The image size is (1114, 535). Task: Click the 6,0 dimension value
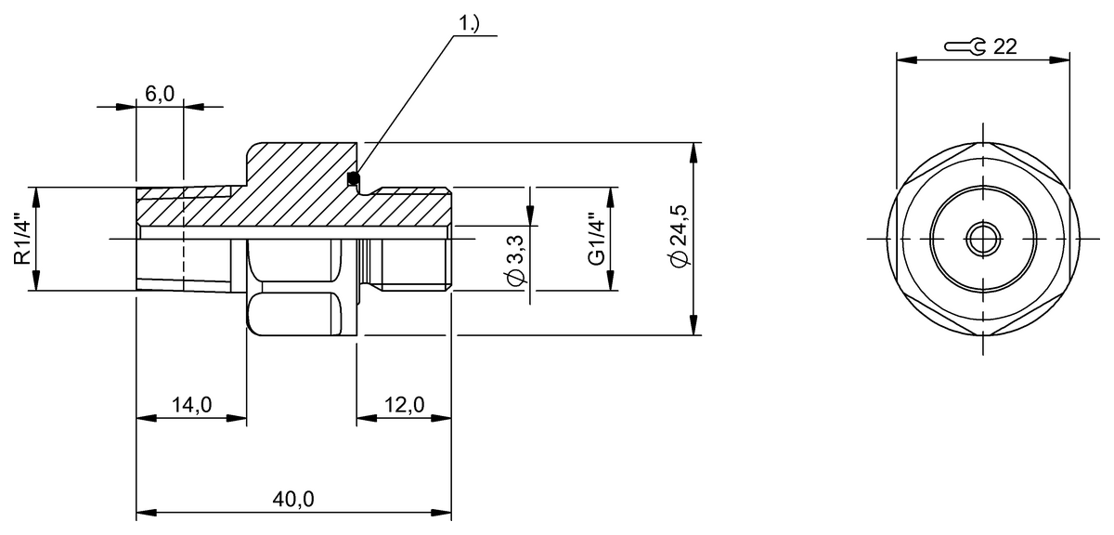click(x=160, y=94)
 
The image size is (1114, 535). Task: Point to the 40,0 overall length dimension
click(x=294, y=499)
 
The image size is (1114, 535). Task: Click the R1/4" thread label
click(x=22, y=240)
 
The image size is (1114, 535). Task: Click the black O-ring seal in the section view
click(x=352, y=178)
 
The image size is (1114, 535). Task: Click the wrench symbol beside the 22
click(x=965, y=47)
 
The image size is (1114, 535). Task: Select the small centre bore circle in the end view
click(x=982, y=239)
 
